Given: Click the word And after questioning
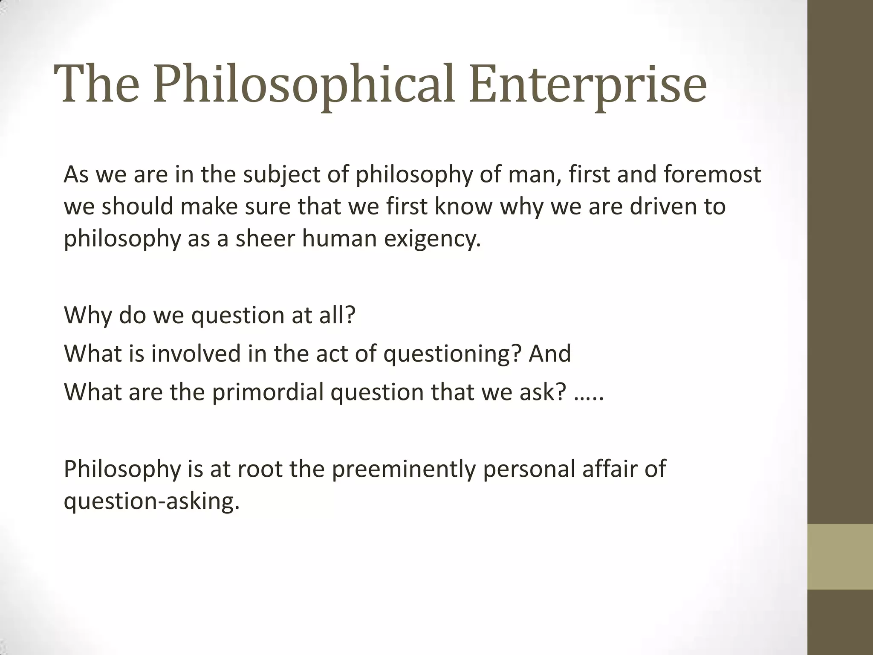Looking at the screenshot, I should [549, 354].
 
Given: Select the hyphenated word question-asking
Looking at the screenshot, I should [152, 501].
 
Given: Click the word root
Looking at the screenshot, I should [260, 469].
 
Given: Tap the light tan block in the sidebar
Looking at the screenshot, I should [840, 556].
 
